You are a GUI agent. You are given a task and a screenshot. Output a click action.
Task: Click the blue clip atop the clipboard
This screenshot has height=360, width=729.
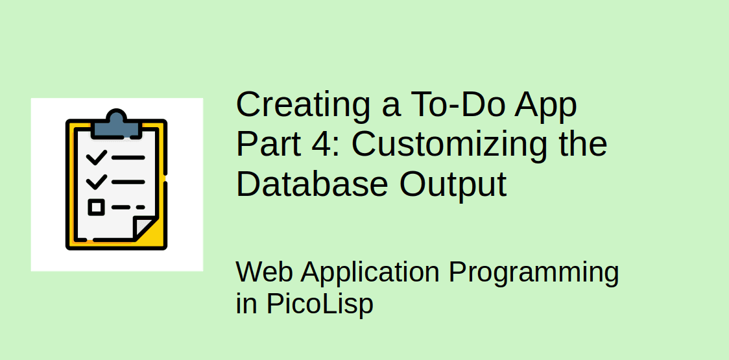pos(117,125)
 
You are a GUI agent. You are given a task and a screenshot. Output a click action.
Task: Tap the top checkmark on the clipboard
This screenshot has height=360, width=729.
pos(96,157)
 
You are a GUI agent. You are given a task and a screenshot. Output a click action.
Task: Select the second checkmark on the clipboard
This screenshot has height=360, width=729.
pos(96,181)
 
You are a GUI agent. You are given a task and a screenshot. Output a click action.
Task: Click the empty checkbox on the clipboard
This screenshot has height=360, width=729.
pos(96,208)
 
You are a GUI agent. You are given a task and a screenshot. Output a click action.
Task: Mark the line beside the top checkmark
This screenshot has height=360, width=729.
pos(128,158)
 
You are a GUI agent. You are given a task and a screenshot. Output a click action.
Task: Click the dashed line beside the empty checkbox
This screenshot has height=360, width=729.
pos(128,208)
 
